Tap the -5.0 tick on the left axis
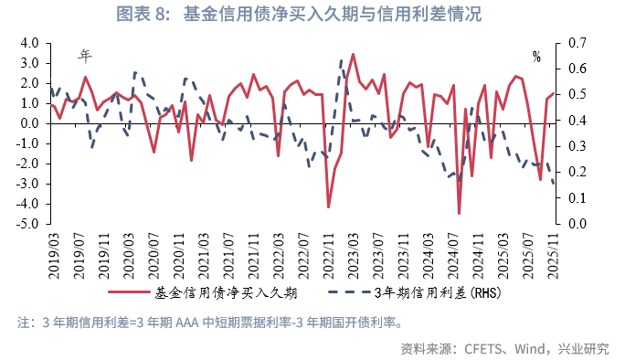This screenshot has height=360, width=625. pos(26,224)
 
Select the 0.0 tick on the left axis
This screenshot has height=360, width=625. pos(27,123)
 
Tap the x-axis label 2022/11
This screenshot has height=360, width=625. pos(328,253)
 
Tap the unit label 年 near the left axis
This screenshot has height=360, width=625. pos(85,56)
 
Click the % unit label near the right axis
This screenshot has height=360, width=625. pos(536,58)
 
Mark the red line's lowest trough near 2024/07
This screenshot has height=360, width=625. pos(459,214)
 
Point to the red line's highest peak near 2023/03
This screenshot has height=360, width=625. pos(353,54)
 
